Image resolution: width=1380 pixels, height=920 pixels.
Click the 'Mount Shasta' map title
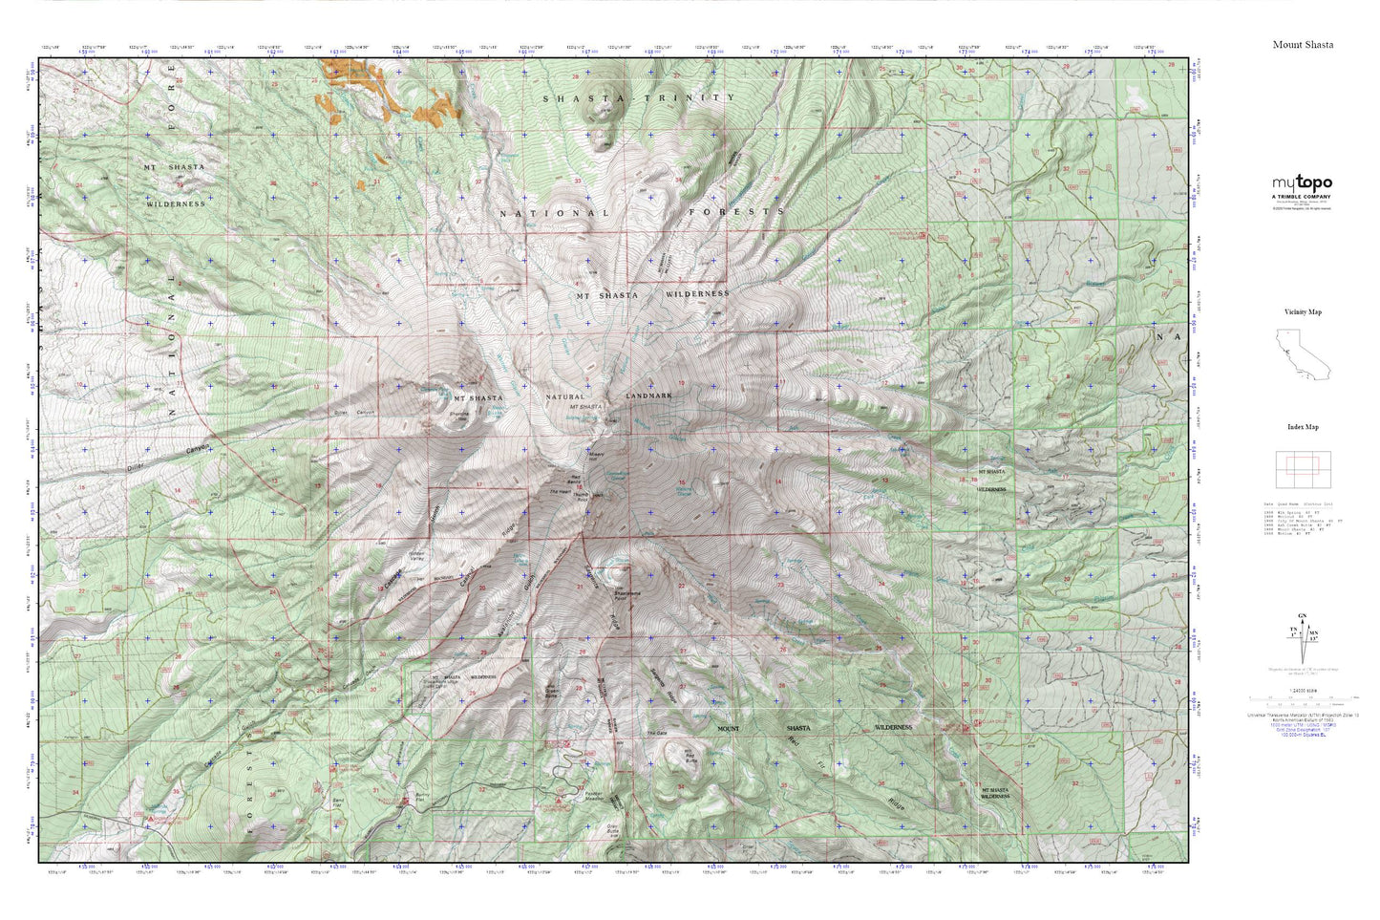click(1303, 45)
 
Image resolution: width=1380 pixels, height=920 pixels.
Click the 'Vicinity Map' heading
click(1303, 312)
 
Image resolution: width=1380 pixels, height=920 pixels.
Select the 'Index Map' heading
click(1303, 428)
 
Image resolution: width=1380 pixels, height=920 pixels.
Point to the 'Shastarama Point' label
click(630, 593)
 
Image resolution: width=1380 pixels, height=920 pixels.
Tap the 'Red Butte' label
click(690, 759)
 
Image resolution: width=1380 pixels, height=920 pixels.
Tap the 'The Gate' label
click(656, 733)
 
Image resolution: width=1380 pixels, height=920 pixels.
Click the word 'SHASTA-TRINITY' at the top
click(639, 98)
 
